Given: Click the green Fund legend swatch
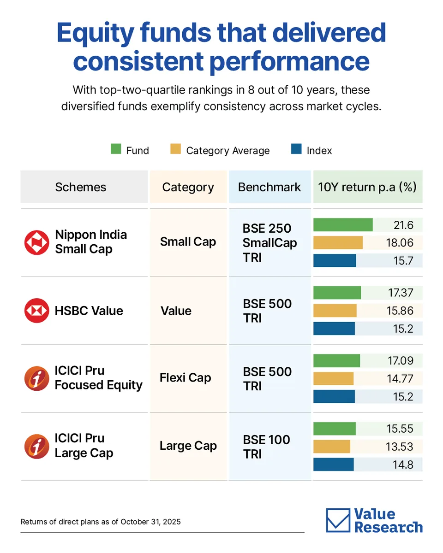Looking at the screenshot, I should tap(116, 149).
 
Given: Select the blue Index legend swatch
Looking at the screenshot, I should tap(297, 149).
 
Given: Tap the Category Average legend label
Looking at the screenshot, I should tap(227, 151).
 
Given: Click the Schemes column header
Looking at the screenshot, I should tap(81, 187).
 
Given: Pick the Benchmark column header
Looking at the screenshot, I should tap(269, 187).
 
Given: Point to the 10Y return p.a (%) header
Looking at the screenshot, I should tap(367, 187).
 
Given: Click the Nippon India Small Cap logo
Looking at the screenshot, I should tap(36, 242).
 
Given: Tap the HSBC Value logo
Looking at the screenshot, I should tap(36, 311).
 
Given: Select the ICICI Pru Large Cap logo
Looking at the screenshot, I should tap(36, 446).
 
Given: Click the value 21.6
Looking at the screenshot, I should tap(404, 225).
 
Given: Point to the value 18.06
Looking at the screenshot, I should tap(400, 243).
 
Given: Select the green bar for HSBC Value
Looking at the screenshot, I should tap(337, 293).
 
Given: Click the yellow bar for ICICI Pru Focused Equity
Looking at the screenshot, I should tap(333, 379).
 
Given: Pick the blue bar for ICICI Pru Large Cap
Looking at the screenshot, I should tap(333, 465).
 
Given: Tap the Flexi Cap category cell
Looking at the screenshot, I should tap(185, 378).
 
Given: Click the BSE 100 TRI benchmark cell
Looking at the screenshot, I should tap(267, 447).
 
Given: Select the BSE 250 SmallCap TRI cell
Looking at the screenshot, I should tap(269, 243).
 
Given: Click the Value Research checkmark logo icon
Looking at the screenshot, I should tap(338, 520).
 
